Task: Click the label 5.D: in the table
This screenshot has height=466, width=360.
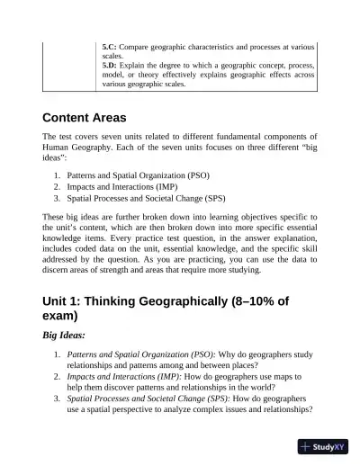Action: pos(111,65)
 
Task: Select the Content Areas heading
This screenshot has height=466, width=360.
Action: pos(85,118)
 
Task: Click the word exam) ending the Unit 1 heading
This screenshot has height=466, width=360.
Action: pos(67,318)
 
